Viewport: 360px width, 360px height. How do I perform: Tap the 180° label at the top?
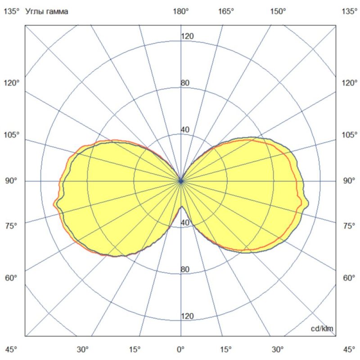pos(181,12)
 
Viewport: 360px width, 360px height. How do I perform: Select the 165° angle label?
pos(226,12)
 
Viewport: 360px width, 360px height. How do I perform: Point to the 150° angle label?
pos(278,12)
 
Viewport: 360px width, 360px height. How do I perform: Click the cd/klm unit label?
pos(322,329)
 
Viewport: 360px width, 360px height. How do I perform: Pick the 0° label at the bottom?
pos(181,349)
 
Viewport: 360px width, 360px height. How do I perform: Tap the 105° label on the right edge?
pos(349,135)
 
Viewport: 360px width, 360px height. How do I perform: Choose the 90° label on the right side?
pos(349,181)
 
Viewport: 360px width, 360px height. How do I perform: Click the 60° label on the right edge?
pos(349,278)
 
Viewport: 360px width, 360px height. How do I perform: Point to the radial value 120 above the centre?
pos(187,36)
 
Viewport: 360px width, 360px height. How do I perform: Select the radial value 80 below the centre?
pos(185,270)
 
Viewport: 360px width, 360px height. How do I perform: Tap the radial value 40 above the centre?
pos(185,130)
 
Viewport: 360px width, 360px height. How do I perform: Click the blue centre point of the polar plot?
pos(181,181)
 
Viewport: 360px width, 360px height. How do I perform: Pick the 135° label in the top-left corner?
pos(11,12)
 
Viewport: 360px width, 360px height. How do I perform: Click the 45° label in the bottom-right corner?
pos(349,349)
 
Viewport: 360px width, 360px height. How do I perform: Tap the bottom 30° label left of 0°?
pos(83,349)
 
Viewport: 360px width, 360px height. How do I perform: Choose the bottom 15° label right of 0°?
pos(226,349)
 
